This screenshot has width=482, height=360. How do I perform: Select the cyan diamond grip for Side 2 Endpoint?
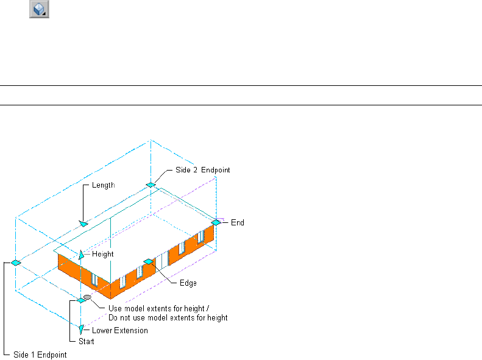(x=150, y=185)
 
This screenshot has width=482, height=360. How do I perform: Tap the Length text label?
(x=103, y=185)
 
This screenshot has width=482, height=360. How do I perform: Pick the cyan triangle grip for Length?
(x=83, y=224)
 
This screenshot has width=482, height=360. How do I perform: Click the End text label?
(x=237, y=223)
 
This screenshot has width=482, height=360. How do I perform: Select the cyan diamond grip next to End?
(x=216, y=222)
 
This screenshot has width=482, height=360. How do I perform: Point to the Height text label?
(x=102, y=254)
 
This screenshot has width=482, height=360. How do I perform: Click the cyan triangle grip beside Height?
(x=82, y=253)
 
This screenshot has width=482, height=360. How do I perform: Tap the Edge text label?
(x=188, y=283)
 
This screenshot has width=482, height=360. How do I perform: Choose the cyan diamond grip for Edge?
(x=147, y=261)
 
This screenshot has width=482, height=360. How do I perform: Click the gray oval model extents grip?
(x=88, y=297)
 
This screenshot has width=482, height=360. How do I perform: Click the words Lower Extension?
(x=119, y=331)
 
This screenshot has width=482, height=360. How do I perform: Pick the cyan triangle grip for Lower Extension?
(x=82, y=330)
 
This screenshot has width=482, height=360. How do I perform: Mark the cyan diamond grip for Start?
(x=80, y=300)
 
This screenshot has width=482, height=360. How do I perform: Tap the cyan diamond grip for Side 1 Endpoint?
(x=16, y=263)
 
